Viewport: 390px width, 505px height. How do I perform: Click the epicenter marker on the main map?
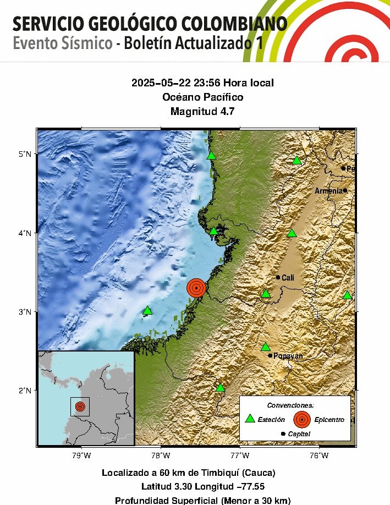coord(196,288)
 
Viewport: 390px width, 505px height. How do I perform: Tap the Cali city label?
coord(288,278)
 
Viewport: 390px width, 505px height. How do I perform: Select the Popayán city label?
coord(288,356)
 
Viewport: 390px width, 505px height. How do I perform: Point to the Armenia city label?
coord(328,191)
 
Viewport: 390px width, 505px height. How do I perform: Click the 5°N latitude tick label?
coord(24,153)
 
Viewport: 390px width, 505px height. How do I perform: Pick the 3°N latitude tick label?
coord(24,311)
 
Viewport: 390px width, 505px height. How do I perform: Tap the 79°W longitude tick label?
coord(81,455)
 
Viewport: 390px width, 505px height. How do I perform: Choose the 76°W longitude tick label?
coord(319,455)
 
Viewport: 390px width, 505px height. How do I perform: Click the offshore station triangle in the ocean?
coord(147,311)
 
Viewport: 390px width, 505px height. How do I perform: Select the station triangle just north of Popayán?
coord(266,347)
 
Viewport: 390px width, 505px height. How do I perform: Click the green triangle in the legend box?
coord(250,419)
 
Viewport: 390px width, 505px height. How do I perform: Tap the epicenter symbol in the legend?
coord(301,419)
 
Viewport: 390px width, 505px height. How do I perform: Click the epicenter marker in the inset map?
coord(80,407)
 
